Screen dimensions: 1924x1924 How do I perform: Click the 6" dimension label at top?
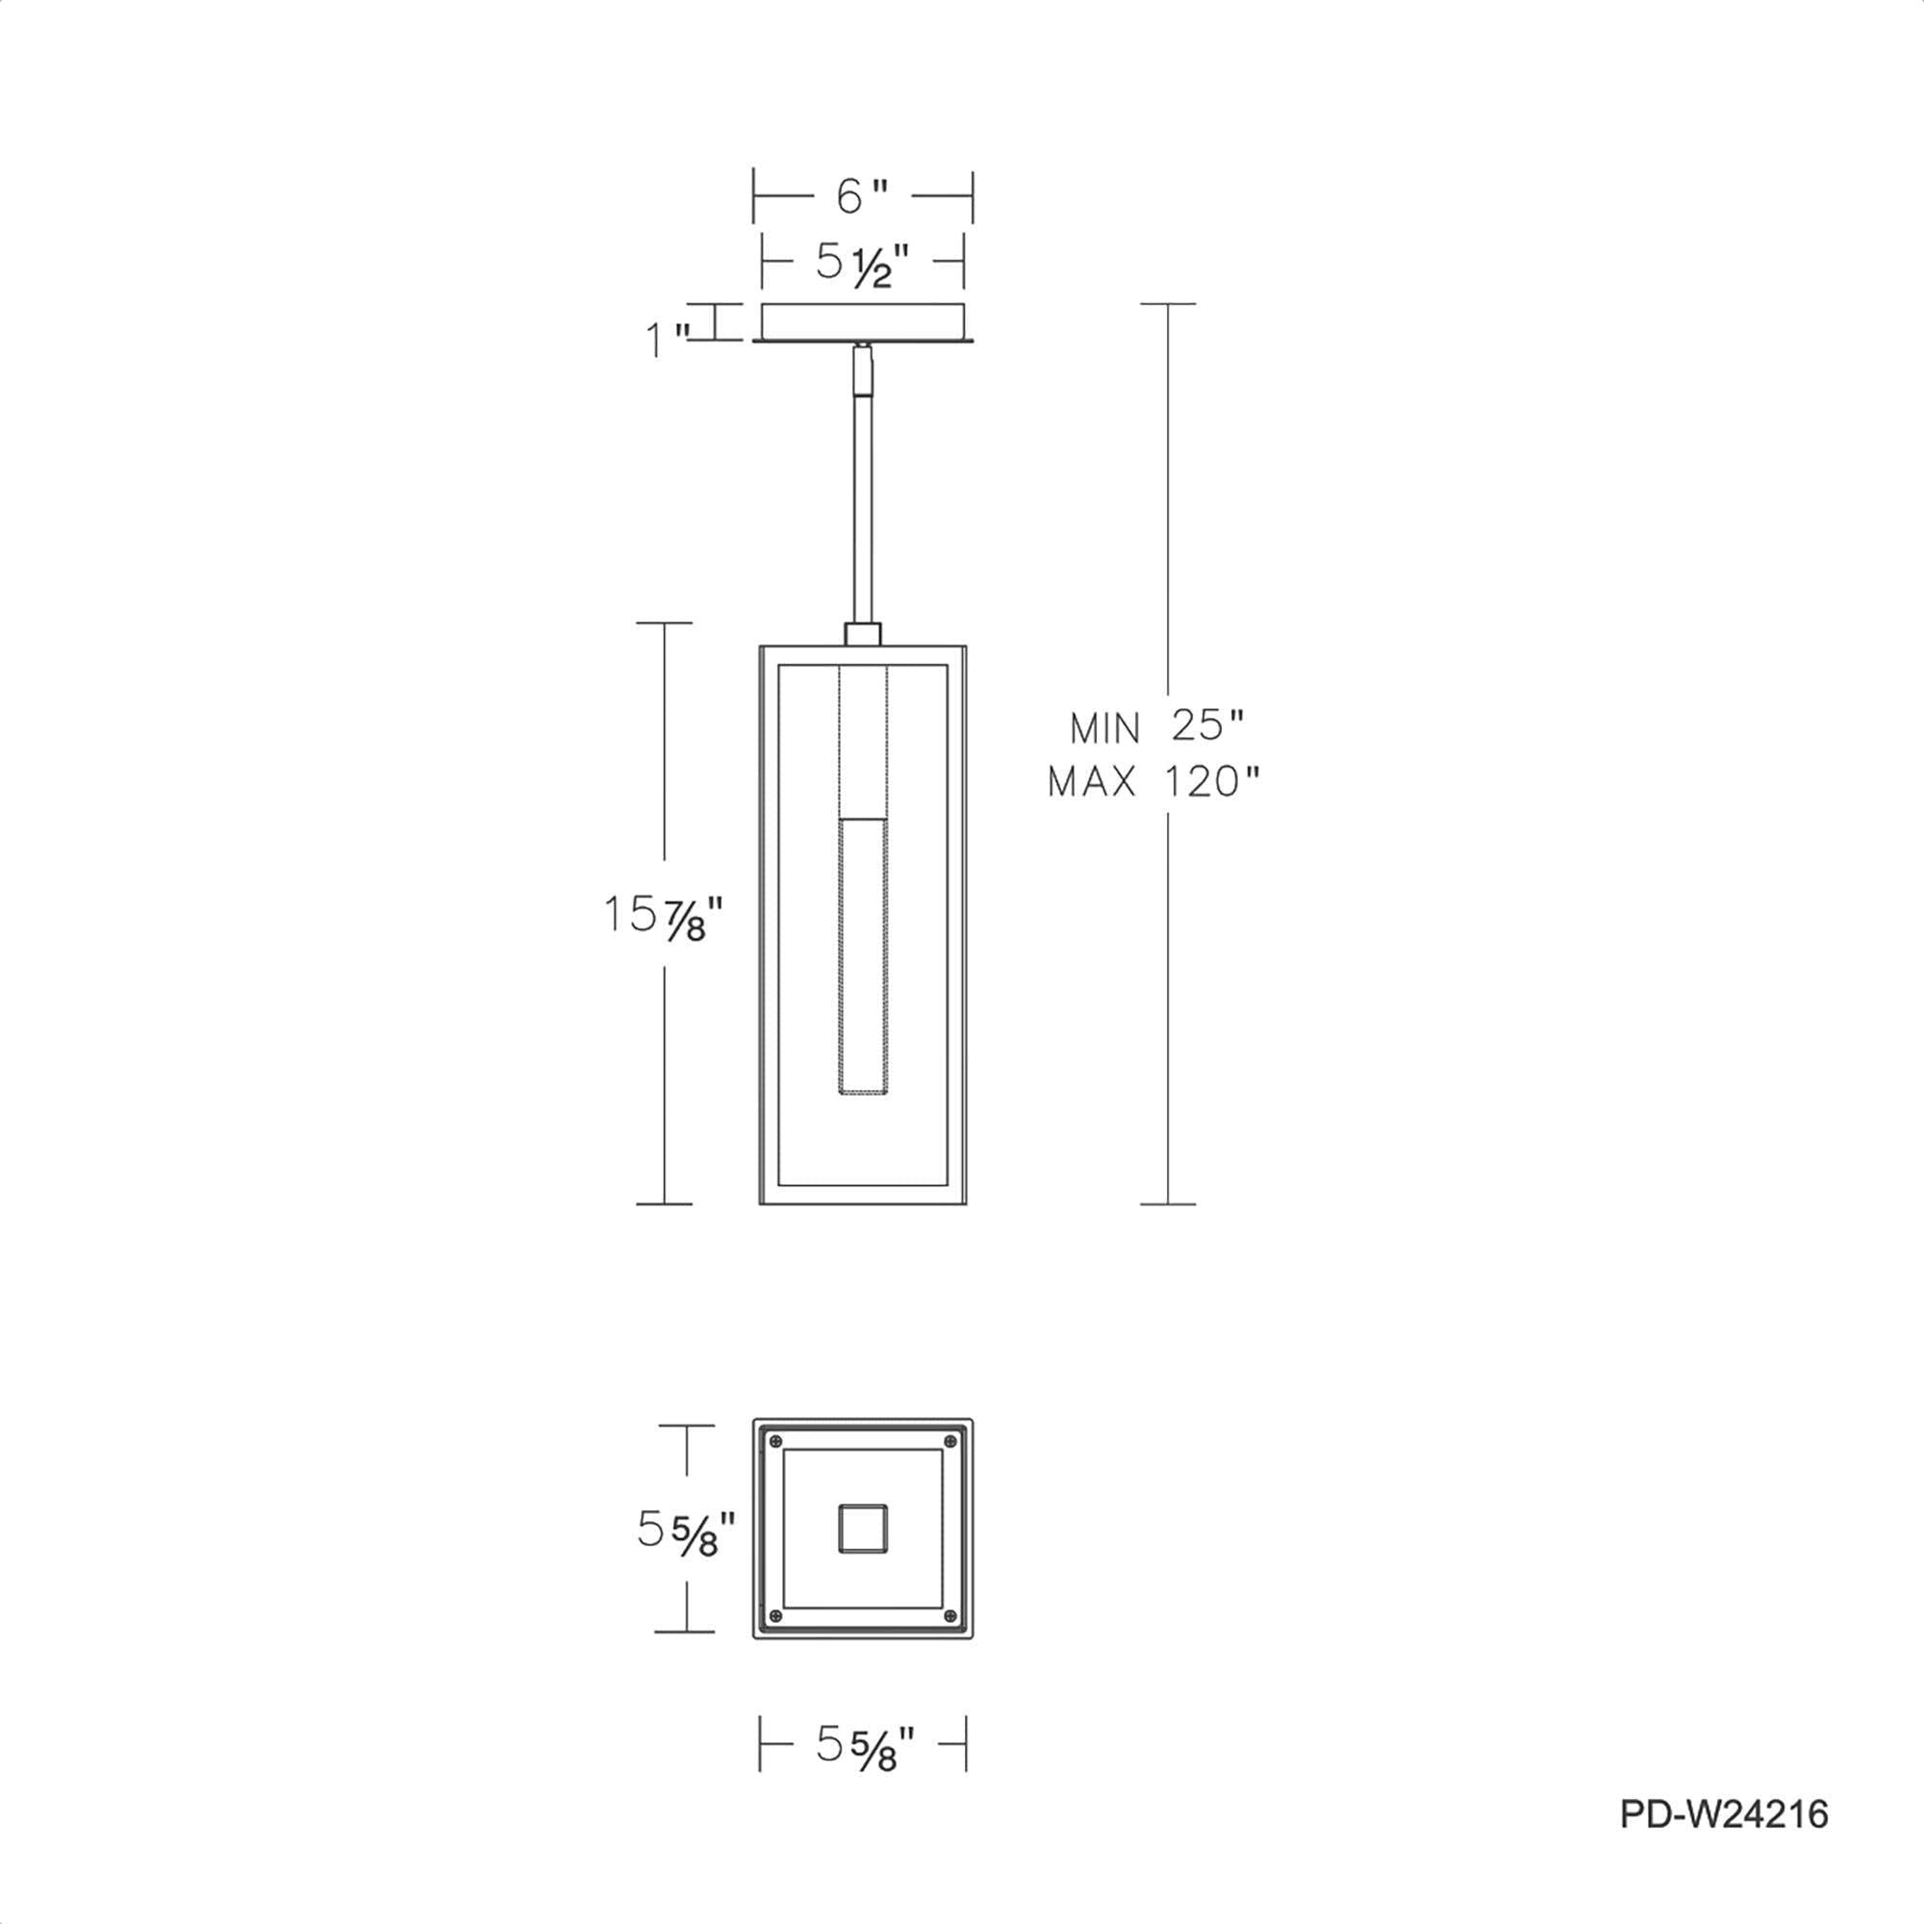tap(861, 196)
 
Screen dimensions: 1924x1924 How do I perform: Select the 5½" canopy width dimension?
tap(862, 263)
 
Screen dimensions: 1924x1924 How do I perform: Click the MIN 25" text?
tap(1157, 728)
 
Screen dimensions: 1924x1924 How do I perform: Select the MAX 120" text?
tap(1154, 783)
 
